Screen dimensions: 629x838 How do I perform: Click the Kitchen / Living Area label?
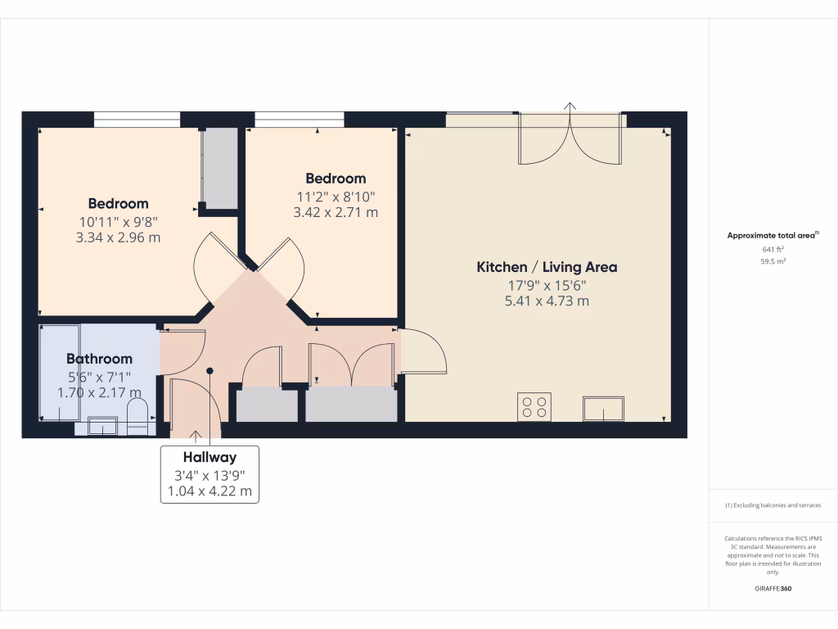point(547,267)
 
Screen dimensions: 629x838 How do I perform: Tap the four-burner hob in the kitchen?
point(534,407)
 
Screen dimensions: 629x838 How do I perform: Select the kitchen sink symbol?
point(603,409)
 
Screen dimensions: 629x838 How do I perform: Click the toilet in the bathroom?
point(137,416)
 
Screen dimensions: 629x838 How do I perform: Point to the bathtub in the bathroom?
point(60,372)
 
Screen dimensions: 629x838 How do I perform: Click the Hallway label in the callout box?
point(209,457)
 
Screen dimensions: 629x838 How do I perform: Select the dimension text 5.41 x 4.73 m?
point(547,301)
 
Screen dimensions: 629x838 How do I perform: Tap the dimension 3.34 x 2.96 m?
point(119,238)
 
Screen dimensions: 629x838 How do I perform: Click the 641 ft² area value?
point(773,250)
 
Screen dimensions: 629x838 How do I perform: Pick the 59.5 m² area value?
point(773,262)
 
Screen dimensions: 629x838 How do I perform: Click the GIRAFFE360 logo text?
point(773,589)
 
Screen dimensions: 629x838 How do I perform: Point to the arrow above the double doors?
point(570,106)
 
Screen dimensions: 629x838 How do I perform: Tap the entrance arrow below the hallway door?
point(196,435)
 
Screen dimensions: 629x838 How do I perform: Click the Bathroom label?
point(99,359)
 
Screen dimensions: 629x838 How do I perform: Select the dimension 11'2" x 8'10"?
point(336,197)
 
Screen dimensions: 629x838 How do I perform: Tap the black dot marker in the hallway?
point(209,370)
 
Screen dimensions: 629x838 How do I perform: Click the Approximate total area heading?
point(773,235)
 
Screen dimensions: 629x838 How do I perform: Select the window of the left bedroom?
point(137,120)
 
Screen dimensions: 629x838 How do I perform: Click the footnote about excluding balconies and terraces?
point(773,505)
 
